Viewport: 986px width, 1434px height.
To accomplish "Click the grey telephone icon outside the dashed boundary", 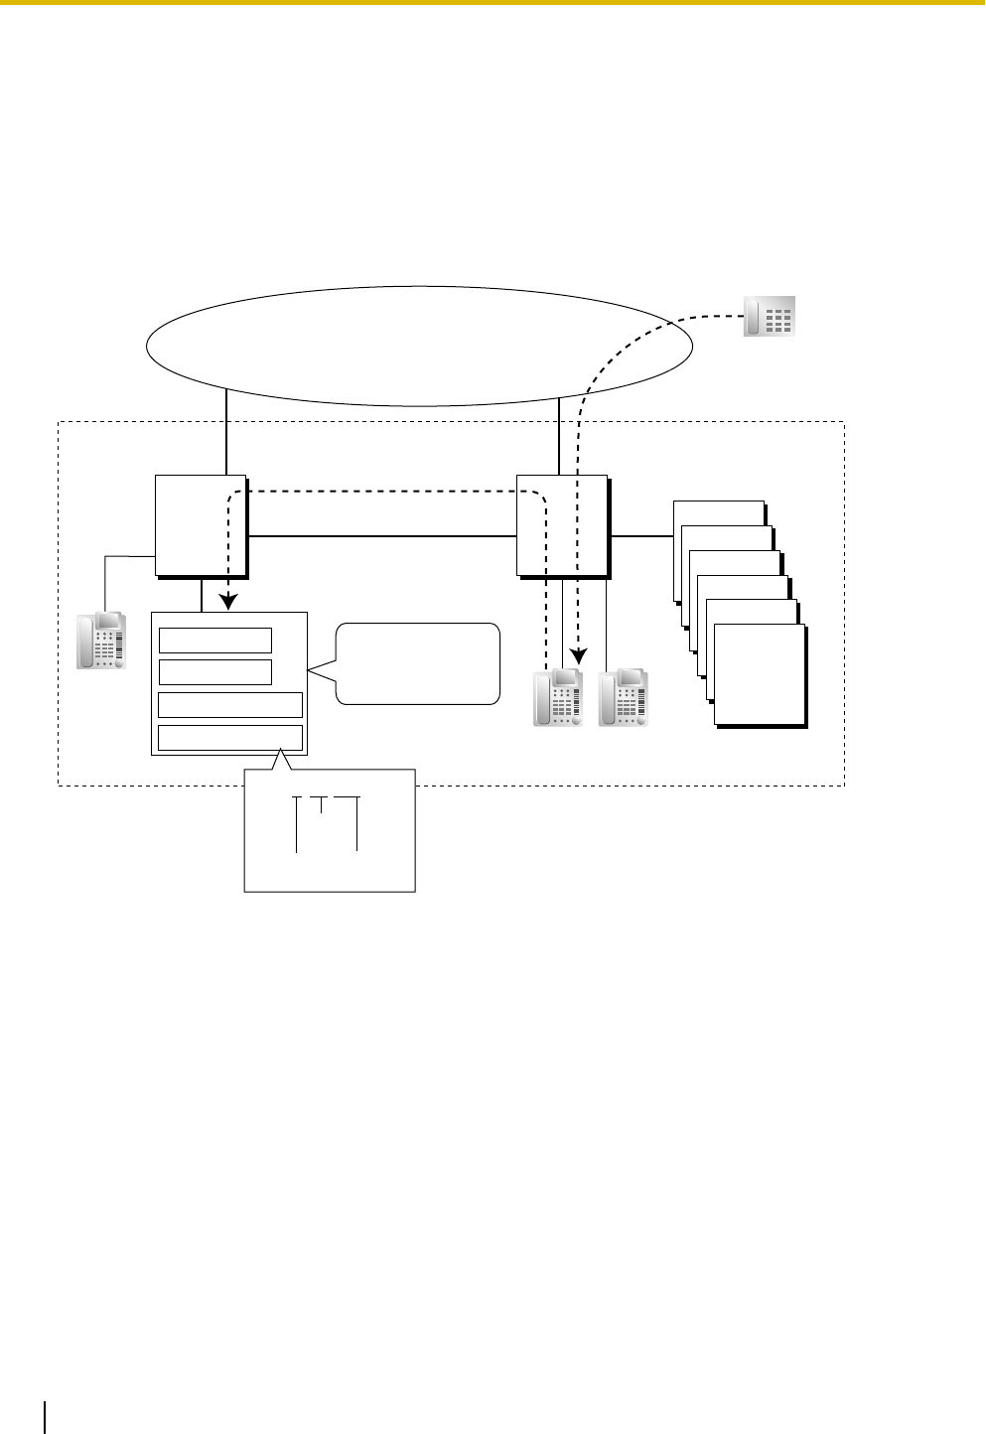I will (770, 316).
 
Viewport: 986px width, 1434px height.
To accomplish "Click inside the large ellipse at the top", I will (417, 346).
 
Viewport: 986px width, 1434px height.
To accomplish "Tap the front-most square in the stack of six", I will (760, 675).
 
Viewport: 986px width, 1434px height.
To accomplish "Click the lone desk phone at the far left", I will (102, 641).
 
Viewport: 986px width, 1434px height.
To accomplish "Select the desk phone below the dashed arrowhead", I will (558, 698).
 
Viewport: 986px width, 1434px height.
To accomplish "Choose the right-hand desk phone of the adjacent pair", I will (623, 698).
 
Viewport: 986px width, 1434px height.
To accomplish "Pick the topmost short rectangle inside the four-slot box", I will (214, 641).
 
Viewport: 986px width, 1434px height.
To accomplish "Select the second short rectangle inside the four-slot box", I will (214, 672).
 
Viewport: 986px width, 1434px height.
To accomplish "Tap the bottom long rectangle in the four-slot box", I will (230, 737).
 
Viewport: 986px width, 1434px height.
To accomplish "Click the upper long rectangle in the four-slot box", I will (230, 705).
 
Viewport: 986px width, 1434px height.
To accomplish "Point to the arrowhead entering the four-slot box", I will (229, 601).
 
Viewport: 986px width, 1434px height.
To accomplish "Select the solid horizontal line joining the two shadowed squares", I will (382, 536).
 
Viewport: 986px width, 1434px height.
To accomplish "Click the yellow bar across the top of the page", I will (493, 3).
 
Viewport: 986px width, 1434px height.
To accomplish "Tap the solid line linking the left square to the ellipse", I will (227, 432).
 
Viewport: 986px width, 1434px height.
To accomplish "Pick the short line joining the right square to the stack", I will (641, 536).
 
